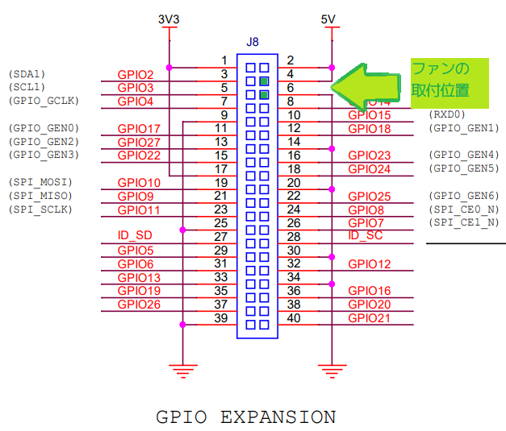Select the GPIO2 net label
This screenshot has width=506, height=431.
pyautogui.click(x=134, y=75)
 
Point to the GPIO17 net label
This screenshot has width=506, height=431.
pyautogui.click(x=139, y=129)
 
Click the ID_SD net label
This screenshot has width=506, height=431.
pyautogui.click(x=135, y=235)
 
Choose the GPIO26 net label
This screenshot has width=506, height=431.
pyautogui.click(x=139, y=304)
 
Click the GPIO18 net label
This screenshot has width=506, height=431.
pyautogui.click(x=370, y=129)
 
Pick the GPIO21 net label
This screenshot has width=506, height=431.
pyautogui.click(x=370, y=317)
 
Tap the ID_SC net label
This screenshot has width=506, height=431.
pyautogui.click(x=366, y=235)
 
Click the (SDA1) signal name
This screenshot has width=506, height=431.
pyautogui.click(x=27, y=74)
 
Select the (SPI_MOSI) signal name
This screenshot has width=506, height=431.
pyautogui.click(x=39, y=182)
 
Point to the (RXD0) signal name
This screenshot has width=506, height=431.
pyautogui.click(x=448, y=114)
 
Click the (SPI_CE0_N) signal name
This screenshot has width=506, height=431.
pyautogui.click(x=464, y=209)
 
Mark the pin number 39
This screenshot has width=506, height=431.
pyautogui.click(x=220, y=318)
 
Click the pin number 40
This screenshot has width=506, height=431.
pyautogui.click(x=293, y=318)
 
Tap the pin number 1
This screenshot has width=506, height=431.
pyautogui.click(x=224, y=60)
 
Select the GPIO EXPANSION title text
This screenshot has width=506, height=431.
pyautogui.click(x=245, y=416)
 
